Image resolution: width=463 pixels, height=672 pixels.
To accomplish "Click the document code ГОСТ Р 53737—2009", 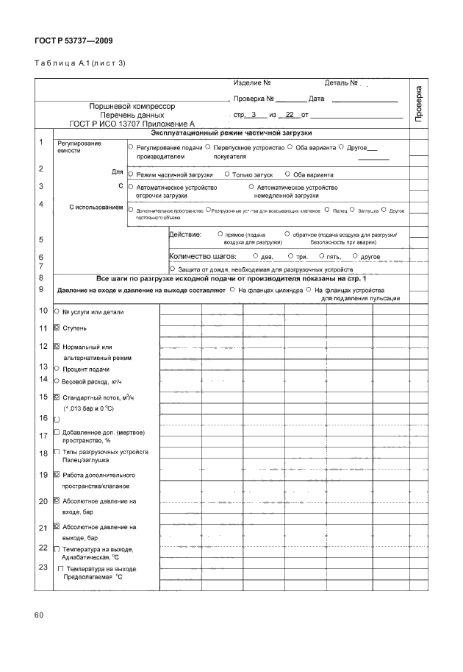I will pyautogui.click(x=73, y=41).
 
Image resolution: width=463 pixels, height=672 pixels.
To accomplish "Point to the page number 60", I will pyautogui.click(x=39, y=614).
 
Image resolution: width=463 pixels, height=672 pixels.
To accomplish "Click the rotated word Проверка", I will pyautogui.click(x=418, y=103).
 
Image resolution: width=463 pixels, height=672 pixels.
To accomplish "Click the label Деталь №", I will pyautogui.click(x=340, y=82).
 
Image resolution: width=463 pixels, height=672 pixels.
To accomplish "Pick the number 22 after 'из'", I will pyautogui.click(x=290, y=116).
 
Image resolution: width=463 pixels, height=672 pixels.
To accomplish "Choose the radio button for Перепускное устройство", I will pyautogui.click(x=208, y=147).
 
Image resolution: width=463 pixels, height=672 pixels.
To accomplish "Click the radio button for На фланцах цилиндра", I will pyautogui.click(x=232, y=290).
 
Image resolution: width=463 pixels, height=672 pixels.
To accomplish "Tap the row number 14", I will pyautogui.click(x=42, y=379).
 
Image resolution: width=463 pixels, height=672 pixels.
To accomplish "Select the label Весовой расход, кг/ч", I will pyautogui.click(x=90, y=382).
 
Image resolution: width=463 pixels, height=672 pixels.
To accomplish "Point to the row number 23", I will pyautogui.click(x=42, y=567).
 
